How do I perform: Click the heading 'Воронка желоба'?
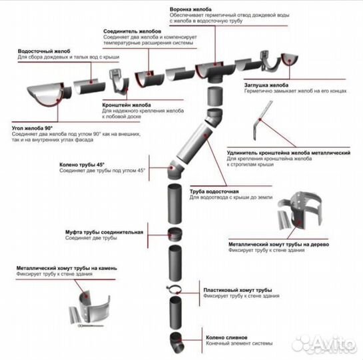pos(190,9)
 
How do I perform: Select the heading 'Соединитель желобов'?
pos(132,31)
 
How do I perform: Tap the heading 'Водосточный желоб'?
pos(44,51)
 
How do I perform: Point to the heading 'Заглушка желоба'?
pos(266,85)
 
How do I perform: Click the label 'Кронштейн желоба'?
pos(127,105)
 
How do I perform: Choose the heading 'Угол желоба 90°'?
pos(32,128)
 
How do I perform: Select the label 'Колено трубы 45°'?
pos(82,165)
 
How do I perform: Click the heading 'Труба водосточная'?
pos(214,191)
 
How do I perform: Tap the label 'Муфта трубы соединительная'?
pos(104,232)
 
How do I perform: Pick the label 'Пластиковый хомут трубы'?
pos(238,290)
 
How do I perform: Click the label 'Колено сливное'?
pos(226,337)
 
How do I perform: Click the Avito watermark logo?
pos(324,343)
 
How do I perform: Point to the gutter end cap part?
pos(289,59)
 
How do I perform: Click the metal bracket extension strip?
pos(262,120)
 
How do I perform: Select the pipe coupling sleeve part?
pos(175,235)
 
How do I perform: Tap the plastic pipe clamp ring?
pos(173,289)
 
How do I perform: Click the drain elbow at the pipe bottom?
pos(177,343)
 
